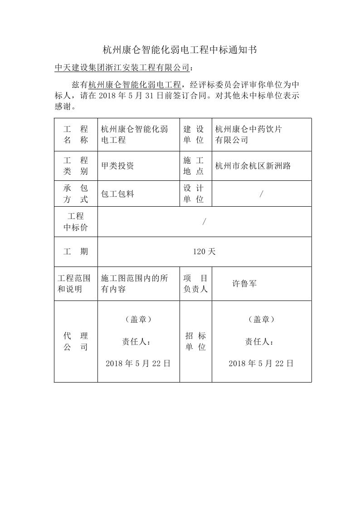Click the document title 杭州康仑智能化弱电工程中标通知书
pyautogui.click(x=180, y=50)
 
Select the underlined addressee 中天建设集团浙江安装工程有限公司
pyautogui.click(x=122, y=68)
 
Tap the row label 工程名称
pyautogui.click(x=76, y=135)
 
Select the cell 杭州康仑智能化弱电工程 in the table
pyautogui.click(x=135, y=135)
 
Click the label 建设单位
pyautogui.click(x=194, y=135)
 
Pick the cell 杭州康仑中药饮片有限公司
pyautogui.click(x=248, y=135)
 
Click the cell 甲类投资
pyautogui.click(x=117, y=166)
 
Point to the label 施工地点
pyautogui.click(x=194, y=166)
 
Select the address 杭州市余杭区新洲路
pyautogui.click(x=253, y=166)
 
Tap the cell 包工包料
pyautogui.click(x=117, y=194)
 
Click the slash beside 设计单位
pyautogui.click(x=262, y=194)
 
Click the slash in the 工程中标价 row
pyautogui.click(x=204, y=222)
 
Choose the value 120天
pyautogui.click(x=204, y=252)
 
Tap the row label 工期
pyautogui.click(x=76, y=252)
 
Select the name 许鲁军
pyautogui.click(x=245, y=284)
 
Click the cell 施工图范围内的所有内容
pyautogui.click(x=135, y=284)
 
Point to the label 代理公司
pyautogui.click(x=76, y=342)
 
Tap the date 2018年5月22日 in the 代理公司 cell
pyautogui.click(x=138, y=364)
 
